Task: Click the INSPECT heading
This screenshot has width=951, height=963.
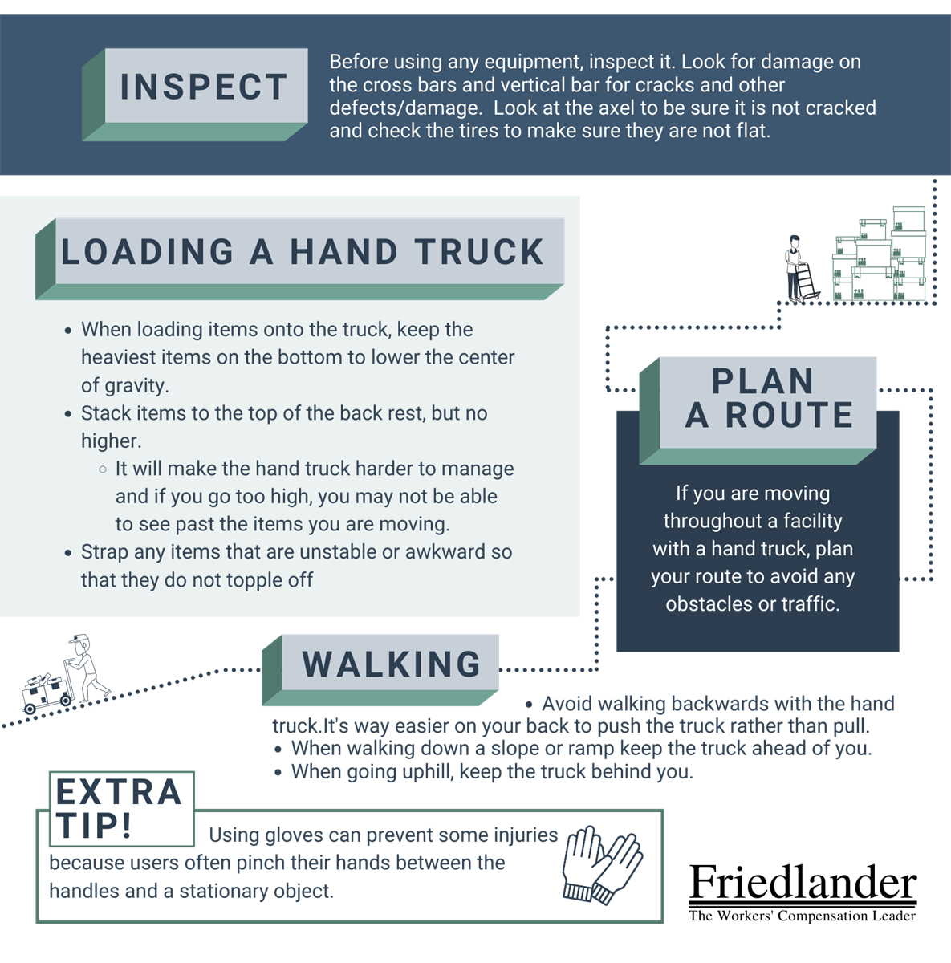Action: tap(204, 87)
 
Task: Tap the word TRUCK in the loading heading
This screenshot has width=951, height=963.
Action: tap(481, 252)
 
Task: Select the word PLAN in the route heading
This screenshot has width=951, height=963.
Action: tap(762, 381)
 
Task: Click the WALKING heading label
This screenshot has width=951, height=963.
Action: tap(392, 664)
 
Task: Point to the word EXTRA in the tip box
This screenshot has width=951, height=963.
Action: tap(119, 793)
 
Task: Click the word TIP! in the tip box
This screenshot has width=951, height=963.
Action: tap(94, 826)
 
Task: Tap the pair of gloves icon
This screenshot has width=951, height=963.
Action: tap(602, 864)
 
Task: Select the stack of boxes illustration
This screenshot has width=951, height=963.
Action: tap(880, 258)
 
